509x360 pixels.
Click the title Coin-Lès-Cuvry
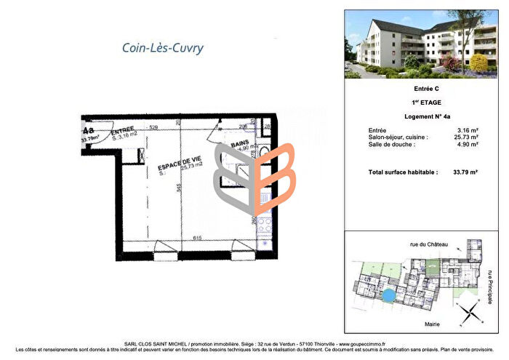[x=162, y=49]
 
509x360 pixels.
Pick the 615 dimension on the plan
[x=195, y=238]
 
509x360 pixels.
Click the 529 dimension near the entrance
[x=154, y=128]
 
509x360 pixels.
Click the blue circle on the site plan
[x=389, y=295]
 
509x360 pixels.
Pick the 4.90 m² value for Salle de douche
[x=468, y=143]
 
